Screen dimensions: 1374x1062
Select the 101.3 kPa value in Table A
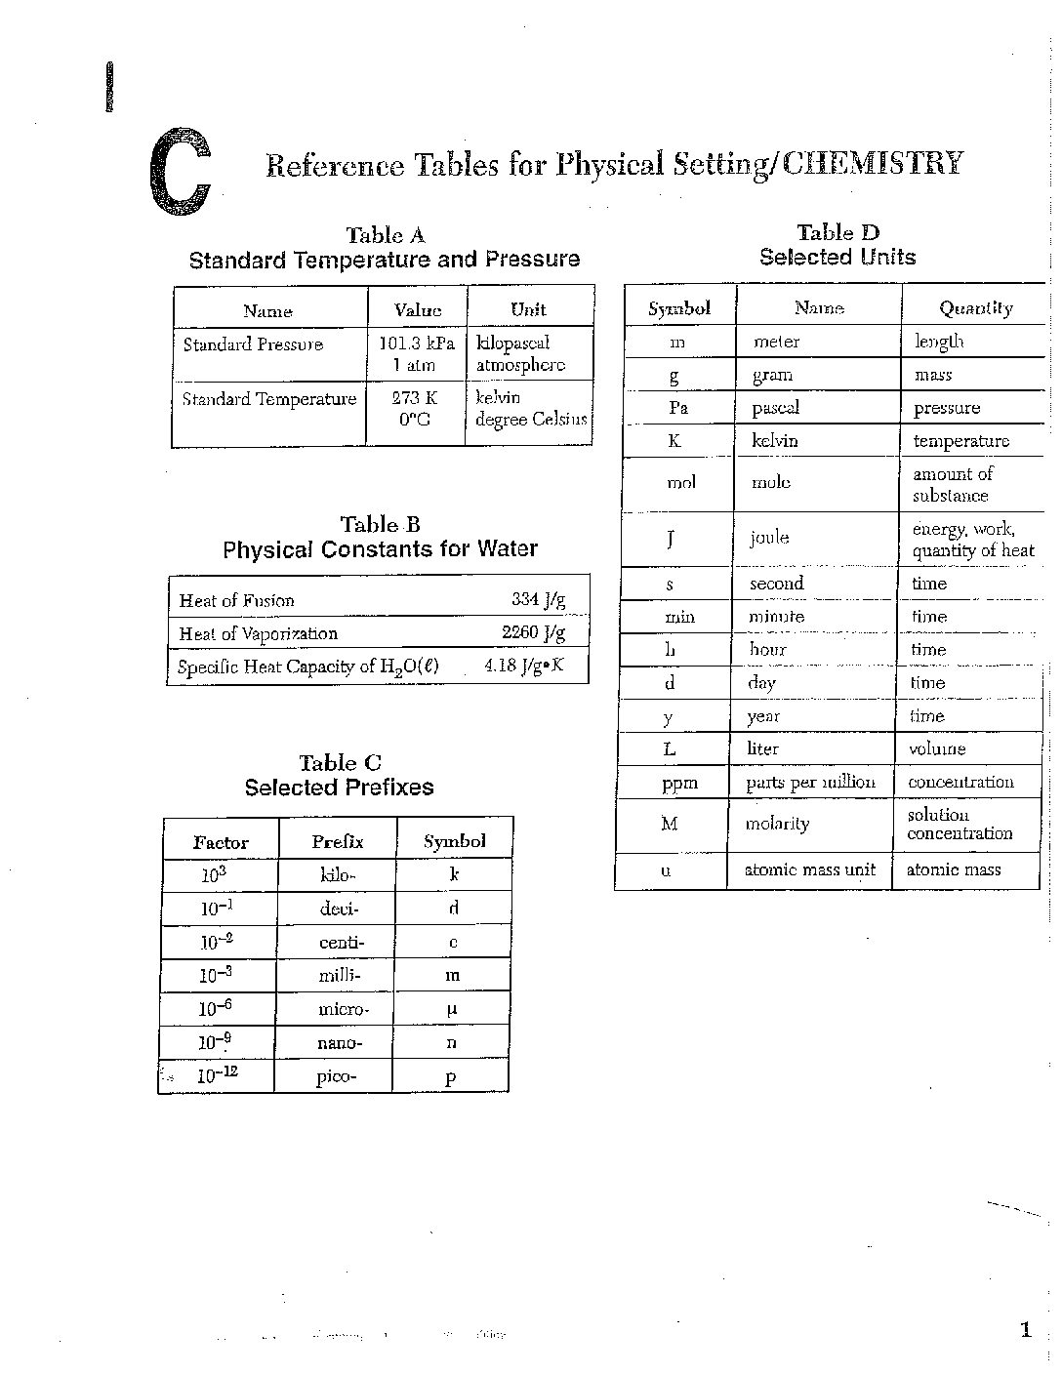417,343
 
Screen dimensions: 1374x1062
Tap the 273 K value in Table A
415,398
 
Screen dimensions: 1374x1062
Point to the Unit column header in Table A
528,309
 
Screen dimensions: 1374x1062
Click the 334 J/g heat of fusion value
538,599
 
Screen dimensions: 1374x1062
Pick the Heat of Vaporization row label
258,633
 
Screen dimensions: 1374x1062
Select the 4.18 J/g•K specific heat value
524,667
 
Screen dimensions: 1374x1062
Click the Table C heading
340,763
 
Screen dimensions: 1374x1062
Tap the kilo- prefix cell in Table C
336,875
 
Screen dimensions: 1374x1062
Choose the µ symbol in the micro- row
452,1009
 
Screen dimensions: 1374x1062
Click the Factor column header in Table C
221,842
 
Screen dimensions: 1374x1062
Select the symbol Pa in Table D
678,408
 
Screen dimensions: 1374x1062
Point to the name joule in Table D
769,538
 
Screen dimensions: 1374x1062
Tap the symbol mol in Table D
680,483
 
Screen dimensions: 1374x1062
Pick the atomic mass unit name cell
810,869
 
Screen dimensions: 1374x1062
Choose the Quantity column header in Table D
975,308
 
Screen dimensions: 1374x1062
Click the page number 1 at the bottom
1025,1329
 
